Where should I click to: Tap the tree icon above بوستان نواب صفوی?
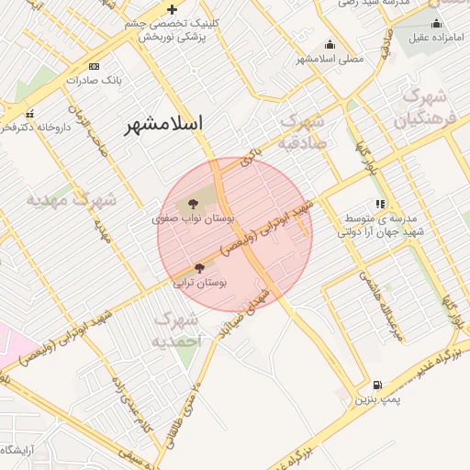[x=193, y=205]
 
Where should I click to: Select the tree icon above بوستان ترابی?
[x=200, y=268]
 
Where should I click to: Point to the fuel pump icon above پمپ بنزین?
[x=378, y=386]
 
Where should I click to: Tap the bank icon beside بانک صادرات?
[x=94, y=67]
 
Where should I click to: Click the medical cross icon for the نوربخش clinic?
[x=172, y=9]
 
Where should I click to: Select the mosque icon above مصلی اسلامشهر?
[x=330, y=44]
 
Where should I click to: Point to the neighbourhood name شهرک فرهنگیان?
[x=423, y=108]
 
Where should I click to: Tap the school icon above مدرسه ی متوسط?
[x=380, y=204]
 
